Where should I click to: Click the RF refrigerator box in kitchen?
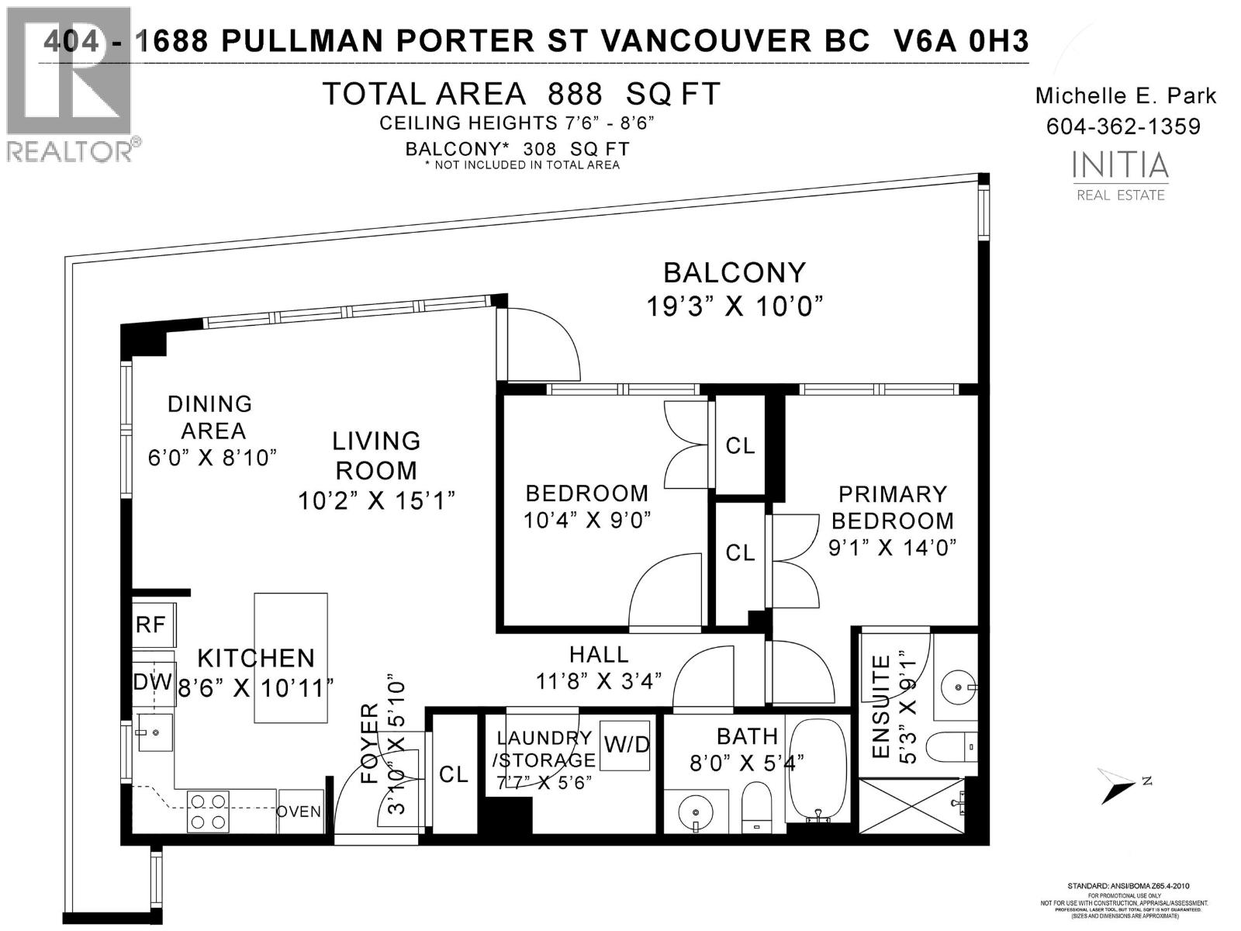click(153, 625)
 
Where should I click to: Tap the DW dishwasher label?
click(153, 683)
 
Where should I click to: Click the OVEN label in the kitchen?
click(299, 812)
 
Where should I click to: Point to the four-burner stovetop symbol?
click(209, 812)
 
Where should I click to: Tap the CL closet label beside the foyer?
click(454, 774)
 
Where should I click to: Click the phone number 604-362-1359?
click(1123, 126)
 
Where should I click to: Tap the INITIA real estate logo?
click(1120, 174)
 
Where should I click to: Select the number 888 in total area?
click(575, 94)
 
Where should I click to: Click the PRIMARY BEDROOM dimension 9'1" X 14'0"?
click(892, 548)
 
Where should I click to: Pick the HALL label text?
click(598, 654)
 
